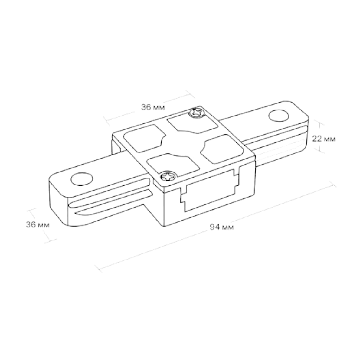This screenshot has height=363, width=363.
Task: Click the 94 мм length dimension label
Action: click(x=222, y=227)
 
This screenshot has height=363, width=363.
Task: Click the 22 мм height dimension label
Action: click(x=324, y=139)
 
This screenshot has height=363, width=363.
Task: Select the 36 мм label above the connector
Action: click(x=153, y=107)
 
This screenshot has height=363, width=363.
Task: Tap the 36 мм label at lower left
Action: click(x=38, y=224)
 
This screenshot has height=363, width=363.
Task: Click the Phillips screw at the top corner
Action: click(x=197, y=113)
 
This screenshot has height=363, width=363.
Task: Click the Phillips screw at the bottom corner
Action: click(x=168, y=176)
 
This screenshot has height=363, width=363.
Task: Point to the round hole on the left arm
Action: click(x=82, y=179)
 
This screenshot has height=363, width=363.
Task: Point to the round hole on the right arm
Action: click(x=279, y=116)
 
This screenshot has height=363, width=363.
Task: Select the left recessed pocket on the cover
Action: click(x=144, y=138)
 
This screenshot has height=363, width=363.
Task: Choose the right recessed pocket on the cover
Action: click(x=223, y=149)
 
